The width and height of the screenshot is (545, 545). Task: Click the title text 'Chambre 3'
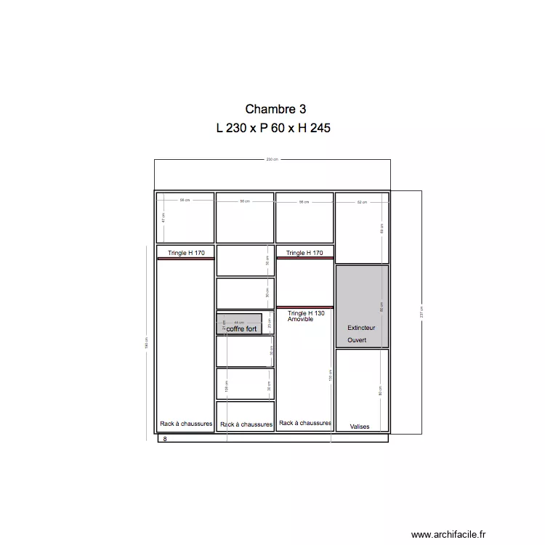click(275, 110)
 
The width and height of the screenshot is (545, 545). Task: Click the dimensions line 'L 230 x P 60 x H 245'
click(273, 129)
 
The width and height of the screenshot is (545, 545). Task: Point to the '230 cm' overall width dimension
click(272, 160)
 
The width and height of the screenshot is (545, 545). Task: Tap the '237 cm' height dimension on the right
click(421, 310)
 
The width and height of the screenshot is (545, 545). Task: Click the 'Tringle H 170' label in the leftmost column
click(186, 253)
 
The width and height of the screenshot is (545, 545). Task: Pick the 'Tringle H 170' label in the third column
click(305, 253)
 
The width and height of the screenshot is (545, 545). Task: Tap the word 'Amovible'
click(300, 320)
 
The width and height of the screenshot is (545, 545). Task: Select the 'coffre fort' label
click(242, 329)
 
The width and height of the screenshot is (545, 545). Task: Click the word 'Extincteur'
click(361, 328)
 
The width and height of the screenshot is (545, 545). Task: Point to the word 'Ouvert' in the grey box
click(357, 340)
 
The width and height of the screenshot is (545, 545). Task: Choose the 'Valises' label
click(360, 427)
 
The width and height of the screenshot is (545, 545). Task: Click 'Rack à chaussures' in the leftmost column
click(186, 424)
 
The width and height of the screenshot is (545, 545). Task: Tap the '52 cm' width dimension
click(362, 202)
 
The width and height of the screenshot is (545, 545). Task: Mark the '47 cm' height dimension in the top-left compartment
click(164, 217)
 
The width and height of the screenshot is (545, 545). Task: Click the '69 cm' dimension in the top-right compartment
click(381, 227)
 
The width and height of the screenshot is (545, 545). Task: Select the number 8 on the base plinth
click(165, 440)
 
